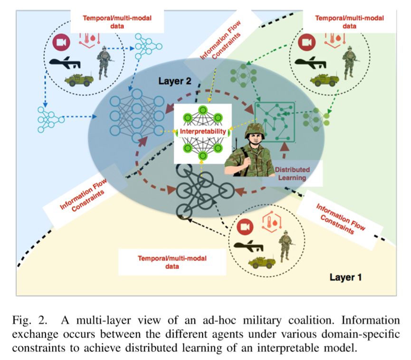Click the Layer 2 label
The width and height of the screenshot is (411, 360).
(175, 81)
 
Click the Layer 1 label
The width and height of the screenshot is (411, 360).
(345, 277)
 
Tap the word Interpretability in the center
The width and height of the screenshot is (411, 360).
(202, 131)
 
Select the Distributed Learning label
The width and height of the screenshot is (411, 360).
(292, 173)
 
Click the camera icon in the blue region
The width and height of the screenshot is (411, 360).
(61, 42)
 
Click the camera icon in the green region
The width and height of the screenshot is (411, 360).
(307, 42)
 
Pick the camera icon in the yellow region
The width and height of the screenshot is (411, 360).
(245, 227)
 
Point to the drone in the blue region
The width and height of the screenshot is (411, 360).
(65, 63)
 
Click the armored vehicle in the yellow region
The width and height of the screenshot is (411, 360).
(262, 262)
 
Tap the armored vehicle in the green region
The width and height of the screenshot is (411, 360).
(324, 80)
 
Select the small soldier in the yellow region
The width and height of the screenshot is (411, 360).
(286, 246)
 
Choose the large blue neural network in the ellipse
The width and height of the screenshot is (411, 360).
(136, 116)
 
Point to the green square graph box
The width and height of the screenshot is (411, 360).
(275, 122)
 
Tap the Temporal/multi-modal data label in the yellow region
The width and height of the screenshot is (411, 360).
(172, 262)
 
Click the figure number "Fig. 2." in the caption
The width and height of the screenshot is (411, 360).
(29, 320)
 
